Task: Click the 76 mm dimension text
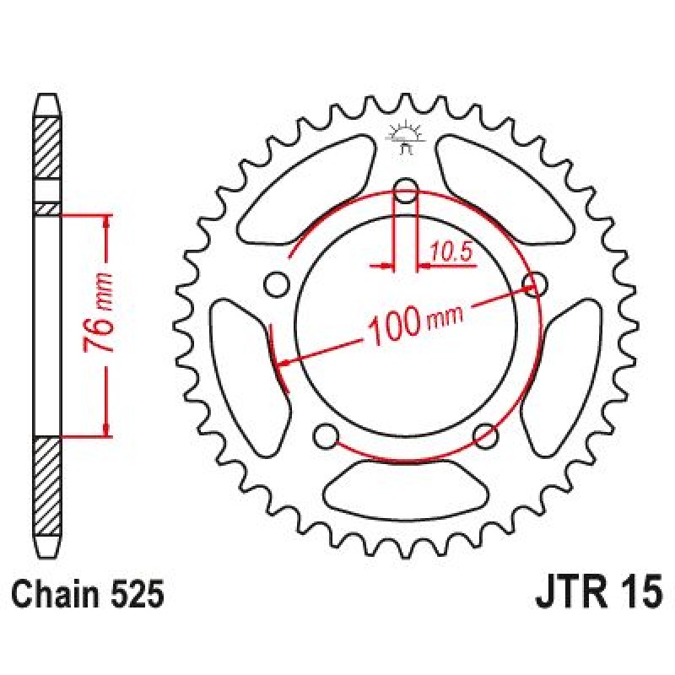(99, 312)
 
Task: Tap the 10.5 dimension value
(450, 252)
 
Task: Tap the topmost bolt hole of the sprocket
(406, 190)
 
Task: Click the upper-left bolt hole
(276, 284)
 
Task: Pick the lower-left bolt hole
(326, 437)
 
